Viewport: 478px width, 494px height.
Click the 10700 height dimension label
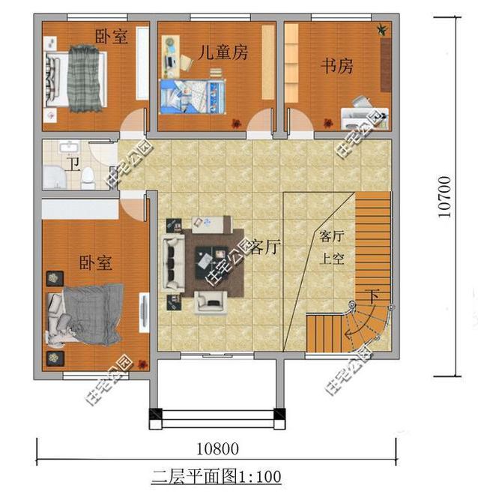pos(445,196)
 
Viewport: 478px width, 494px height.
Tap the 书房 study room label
pos(336,66)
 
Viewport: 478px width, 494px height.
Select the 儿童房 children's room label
pos(223,52)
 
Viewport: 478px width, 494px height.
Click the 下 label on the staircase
pos(372,295)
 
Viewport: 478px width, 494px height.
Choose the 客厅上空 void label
pos(331,248)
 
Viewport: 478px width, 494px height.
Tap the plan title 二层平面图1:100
pos(216,476)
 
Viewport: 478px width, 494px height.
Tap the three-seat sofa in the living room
pos(174,264)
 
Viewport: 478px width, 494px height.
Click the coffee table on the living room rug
pos(206,259)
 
